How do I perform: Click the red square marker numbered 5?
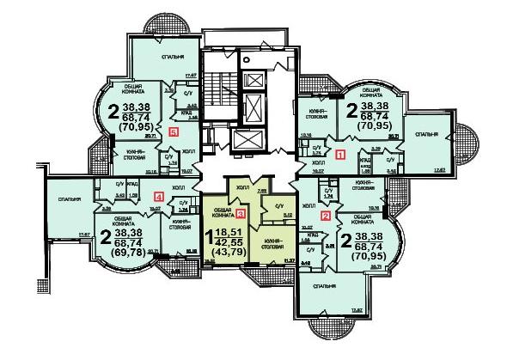tap(174, 132)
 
